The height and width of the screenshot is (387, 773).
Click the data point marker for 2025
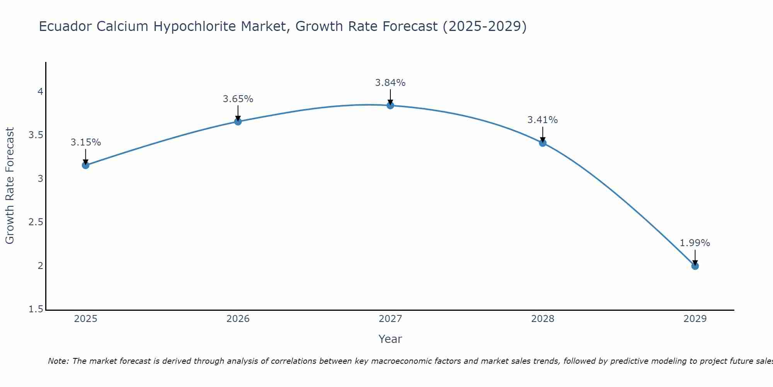click(85, 165)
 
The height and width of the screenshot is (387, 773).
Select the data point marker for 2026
click(238, 122)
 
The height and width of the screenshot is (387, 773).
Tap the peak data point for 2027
click(390, 105)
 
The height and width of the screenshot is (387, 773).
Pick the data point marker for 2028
click(543, 143)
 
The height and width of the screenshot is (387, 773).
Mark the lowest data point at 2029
click(695, 266)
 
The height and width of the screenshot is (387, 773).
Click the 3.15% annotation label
click(85, 142)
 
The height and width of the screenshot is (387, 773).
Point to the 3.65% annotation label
click(238, 99)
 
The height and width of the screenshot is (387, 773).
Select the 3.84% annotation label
click(390, 83)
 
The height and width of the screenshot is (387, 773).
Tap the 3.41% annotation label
click(543, 120)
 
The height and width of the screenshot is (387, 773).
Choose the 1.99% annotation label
click(695, 243)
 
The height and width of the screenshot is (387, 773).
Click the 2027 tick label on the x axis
click(390, 319)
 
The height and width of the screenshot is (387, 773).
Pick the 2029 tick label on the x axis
click(695, 319)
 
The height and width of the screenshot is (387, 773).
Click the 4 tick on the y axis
click(40, 92)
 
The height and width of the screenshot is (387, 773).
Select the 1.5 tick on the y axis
click(36, 309)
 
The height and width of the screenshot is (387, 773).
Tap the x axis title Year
click(390, 339)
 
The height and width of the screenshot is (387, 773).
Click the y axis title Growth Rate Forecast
click(10, 186)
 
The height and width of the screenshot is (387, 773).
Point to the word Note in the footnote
click(58, 361)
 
